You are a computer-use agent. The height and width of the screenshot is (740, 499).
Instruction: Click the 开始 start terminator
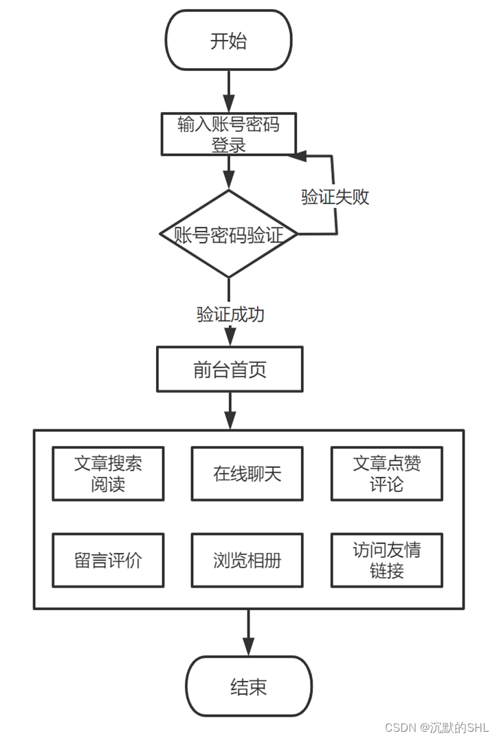[228, 41]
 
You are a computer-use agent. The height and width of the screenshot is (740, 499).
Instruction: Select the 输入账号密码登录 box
[228, 134]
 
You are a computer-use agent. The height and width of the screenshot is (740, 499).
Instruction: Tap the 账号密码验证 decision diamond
[228, 234]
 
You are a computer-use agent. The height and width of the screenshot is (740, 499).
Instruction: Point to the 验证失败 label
[335, 197]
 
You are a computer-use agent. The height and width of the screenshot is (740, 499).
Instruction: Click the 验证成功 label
[230, 315]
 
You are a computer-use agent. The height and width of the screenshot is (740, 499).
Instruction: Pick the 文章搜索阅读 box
[108, 473]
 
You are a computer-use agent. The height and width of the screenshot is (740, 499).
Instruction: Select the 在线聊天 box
[247, 473]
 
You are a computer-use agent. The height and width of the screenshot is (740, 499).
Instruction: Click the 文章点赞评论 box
[386, 473]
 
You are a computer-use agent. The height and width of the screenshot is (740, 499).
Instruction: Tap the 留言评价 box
[108, 560]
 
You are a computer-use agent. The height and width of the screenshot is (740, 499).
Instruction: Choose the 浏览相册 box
[247, 560]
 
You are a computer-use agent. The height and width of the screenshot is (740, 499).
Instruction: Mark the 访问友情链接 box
[386, 560]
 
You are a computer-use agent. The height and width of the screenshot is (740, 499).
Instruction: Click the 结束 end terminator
[248, 686]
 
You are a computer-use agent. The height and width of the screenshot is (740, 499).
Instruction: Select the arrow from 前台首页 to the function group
[230, 411]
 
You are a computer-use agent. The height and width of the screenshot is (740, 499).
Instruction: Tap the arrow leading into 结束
[248, 632]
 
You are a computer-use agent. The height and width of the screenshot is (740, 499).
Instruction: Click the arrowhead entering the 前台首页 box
[230, 337]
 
